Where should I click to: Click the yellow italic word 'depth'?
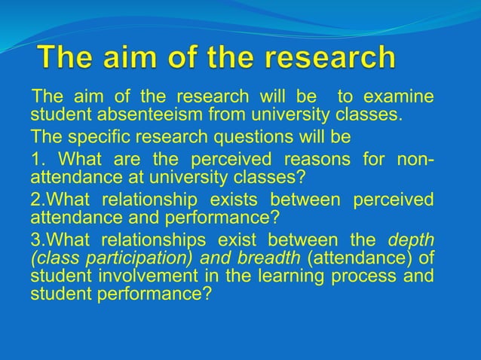coord(410,240)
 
